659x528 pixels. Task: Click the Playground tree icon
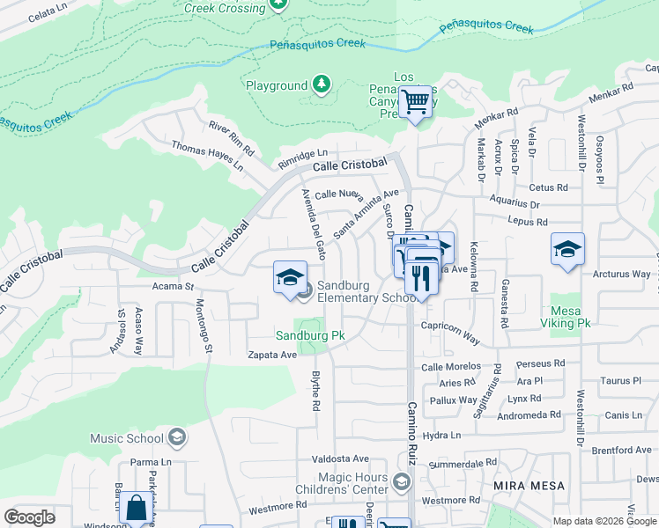point(322,84)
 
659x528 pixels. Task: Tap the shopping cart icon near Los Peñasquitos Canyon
point(415,102)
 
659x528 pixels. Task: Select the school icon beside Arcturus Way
point(567,249)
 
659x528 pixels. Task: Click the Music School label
point(127,438)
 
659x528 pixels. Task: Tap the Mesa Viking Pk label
point(570,317)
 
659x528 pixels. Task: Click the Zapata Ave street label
point(272,355)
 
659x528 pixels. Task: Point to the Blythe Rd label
point(315,391)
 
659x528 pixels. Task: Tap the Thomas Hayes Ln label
point(206,156)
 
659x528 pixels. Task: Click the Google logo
point(30,517)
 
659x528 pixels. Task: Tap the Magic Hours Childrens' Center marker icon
point(402,481)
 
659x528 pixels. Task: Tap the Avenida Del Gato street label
point(314,216)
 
